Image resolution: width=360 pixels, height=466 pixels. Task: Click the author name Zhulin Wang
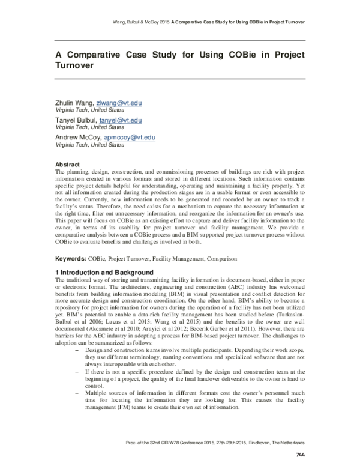tap(74, 103)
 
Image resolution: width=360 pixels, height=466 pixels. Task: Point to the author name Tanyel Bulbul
tap(76, 121)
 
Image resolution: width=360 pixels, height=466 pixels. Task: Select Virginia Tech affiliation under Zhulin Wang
tap(89, 110)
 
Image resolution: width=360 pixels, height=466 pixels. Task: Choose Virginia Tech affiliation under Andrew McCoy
tap(89, 145)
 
